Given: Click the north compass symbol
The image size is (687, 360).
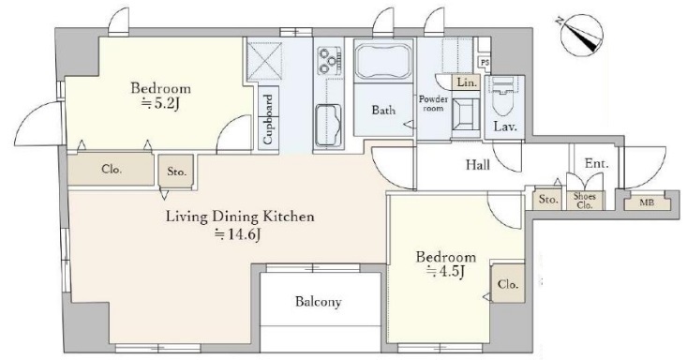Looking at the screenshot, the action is (582, 35).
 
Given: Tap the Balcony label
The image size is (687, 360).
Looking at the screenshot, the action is (318, 302).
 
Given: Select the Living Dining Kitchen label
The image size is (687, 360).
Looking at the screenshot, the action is (240, 217).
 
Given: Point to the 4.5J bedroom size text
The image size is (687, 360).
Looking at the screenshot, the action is (445, 272).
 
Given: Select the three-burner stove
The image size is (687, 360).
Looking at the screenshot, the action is (329, 60).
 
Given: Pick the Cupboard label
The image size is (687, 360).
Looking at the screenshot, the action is (268, 119).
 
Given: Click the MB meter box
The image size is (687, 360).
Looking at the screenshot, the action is (647, 202).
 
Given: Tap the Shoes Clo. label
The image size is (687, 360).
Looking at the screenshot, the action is (585, 201).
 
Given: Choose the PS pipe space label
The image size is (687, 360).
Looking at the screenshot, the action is (485, 63).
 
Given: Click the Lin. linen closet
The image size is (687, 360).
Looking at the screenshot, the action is (467, 82).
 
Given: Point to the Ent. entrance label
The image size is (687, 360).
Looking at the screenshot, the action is (597, 164).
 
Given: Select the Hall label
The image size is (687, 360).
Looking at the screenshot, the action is (478, 165).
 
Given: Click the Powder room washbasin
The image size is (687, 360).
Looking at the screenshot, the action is (465, 113).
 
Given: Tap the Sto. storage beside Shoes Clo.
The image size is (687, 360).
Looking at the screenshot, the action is (548, 200).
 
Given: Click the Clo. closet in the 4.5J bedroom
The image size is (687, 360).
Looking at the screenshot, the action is (508, 284).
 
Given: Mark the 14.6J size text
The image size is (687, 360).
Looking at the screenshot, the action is (238, 235).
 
